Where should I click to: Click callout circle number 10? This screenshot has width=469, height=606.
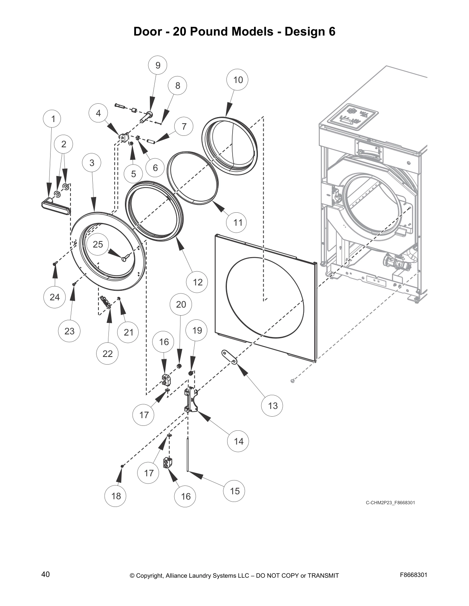tap(238, 80)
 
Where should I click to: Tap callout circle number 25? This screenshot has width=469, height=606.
tap(98, 244)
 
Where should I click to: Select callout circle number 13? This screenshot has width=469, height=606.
tap(273, 405)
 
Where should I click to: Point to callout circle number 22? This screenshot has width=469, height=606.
tap(108, 353)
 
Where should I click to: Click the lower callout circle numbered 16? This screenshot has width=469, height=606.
tap(185, 496)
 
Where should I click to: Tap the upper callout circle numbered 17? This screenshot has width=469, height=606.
tap(144, 415)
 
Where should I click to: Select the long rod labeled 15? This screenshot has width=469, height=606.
tap(188, 455)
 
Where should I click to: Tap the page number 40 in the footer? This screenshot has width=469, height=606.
tap(45, 574)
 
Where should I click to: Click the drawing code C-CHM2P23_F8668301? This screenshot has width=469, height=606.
tap(390, 502)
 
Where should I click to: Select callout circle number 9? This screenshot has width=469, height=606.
tap(158, 65)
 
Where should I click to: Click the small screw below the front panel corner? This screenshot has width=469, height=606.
tap(293, 381)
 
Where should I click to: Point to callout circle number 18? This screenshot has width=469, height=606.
tap(116, 496)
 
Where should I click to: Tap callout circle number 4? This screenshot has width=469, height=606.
tap(98, 113)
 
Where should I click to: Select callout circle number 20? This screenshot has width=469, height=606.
tap(181, 304)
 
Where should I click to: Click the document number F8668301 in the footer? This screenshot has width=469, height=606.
tap(413, 575)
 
